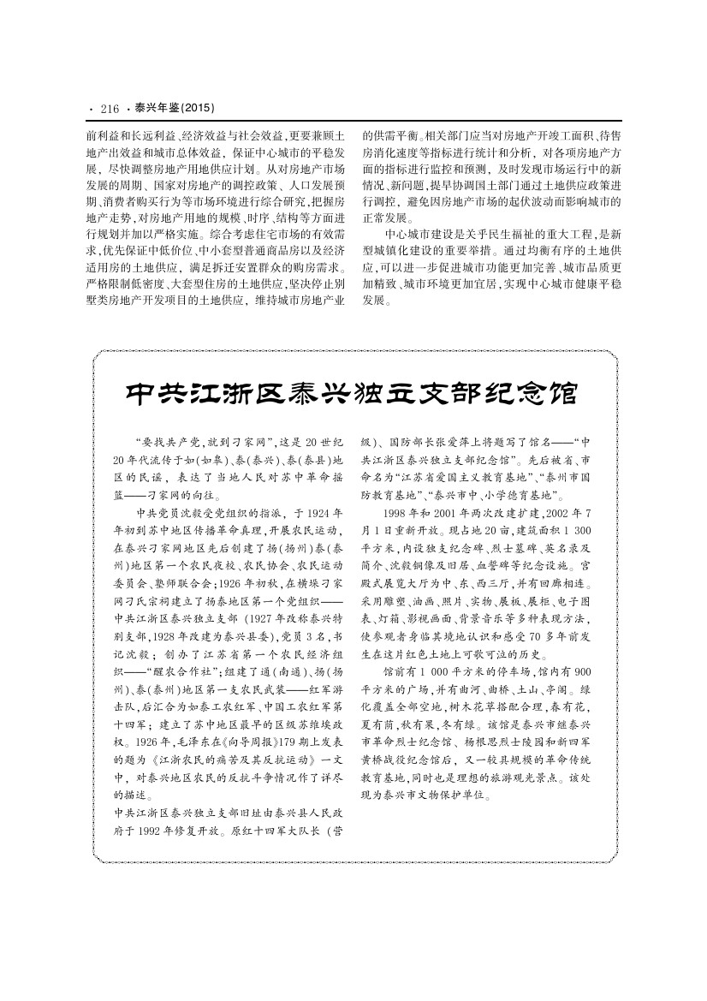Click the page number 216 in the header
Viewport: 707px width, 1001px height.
pyautogui.click(x=110, y=109)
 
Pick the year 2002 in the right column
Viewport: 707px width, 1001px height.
pyautogui.click(x=576, y=514)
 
